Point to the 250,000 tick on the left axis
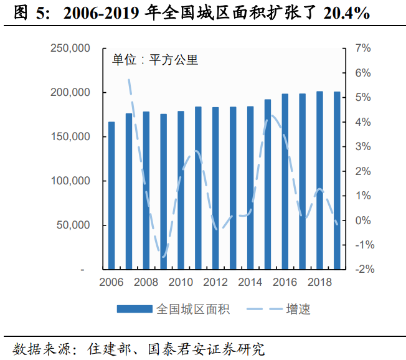(70, 49)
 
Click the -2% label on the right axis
(364, 269)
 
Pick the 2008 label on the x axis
(146, 282)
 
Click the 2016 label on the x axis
(285, 282)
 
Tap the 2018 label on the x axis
(319, 282)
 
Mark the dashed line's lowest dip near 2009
(164, 256)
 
